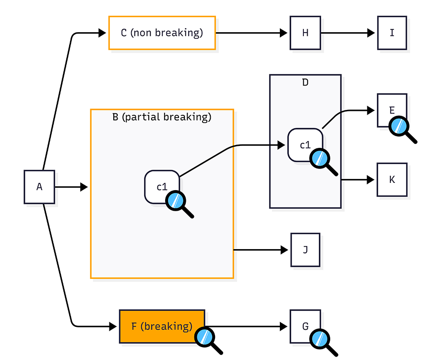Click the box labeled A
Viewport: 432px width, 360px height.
(39, 186)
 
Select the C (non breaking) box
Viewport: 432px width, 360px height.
(162, 33)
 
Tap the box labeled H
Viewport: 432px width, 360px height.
(305, 33)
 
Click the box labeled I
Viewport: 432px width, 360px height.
(392, 33)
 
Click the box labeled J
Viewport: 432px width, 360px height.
(305, 250)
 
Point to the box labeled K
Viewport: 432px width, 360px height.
(392, 180)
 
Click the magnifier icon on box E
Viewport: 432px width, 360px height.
(401, 128)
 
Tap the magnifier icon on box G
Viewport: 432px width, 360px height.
(322, 341)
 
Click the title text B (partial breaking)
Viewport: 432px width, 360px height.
(161, 117)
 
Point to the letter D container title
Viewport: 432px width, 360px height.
(305, 82)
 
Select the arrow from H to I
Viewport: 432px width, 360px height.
(348, 33)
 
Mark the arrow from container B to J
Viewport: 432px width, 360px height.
(262, 250)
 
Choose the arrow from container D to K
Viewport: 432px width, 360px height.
(358, 180)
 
